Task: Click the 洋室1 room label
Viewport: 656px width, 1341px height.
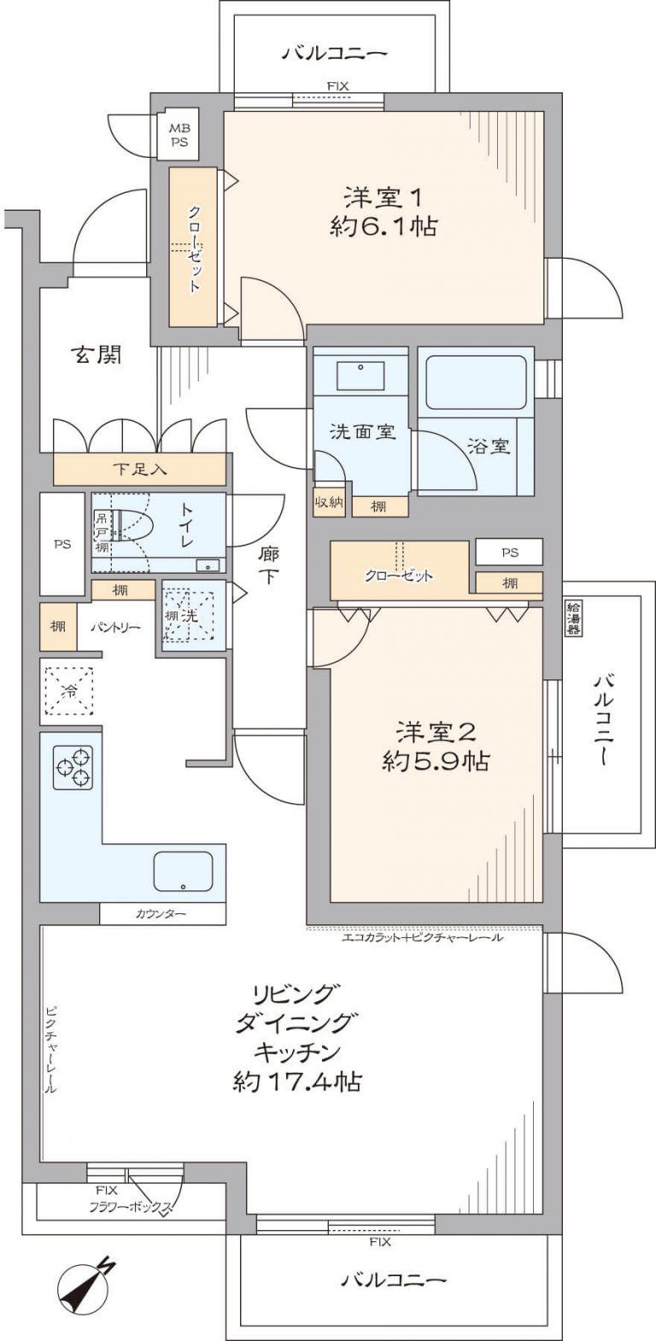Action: pyautogui.click(x=384, y=198)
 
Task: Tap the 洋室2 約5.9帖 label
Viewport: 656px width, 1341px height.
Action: pyautogui.click(x=436, y=746)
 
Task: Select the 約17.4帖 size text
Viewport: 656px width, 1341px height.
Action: pyautogui.click(x=296, y=1082)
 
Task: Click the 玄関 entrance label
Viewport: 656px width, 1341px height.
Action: pyautogui.click(x=95, y=354)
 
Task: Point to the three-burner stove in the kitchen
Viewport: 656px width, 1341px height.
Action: pyautogui.click(x=73, y=767)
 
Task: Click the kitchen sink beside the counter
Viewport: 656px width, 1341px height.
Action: pyautogui.click(x=183, y=871)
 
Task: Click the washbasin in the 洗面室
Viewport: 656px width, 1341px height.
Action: pyautogui.click(x=360, y=374)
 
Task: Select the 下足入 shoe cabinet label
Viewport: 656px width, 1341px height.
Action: pyautogui.click(x=139, y=469)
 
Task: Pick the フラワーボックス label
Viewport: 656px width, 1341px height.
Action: pyautogui.click(x=131, y=1207)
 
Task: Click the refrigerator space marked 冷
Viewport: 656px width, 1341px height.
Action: pyautogui.click(x=67, y=691)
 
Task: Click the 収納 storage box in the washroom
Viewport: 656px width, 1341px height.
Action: pyautogui.click(x=329, y=502)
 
